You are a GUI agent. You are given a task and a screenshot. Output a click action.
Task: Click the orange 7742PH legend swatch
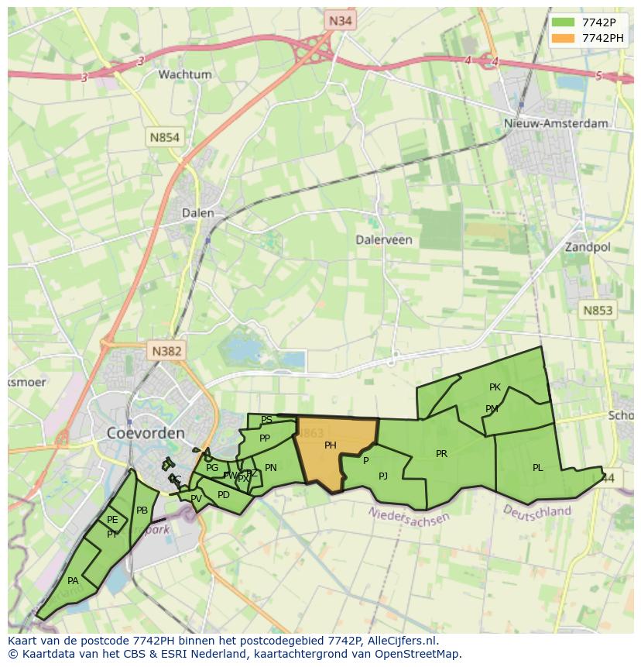(x=563, y=38)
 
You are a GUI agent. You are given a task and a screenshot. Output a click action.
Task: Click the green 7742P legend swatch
(x=563, y=22)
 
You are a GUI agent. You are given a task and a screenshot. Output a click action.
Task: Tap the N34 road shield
(x=341, y=21)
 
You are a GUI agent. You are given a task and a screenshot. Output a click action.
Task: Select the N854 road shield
(x=165, y=137)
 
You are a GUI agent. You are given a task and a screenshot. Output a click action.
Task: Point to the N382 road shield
(x=166, y=351)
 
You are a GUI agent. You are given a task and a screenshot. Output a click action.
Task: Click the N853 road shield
(x=597, y=310)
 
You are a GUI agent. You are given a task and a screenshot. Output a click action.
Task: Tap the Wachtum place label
(x=185, y=74)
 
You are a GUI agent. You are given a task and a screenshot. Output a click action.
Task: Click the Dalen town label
(x=197, y=212)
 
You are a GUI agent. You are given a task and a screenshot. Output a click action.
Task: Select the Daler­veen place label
(x=384, y=239)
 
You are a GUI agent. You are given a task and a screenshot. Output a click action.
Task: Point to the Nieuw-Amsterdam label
(x=556, y=123)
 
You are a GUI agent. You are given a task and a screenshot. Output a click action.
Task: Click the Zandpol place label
(x=588, y=247)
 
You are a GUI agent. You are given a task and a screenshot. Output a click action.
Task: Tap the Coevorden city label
(x=146, y=432)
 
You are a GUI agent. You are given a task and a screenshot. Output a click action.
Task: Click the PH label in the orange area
(x=331, y=445)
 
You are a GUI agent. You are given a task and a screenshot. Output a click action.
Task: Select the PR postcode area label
(x=441, y=453)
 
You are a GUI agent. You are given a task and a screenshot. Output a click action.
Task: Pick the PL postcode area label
(x=538, y=467)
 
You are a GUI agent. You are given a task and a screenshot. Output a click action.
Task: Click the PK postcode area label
(x=495, y=387)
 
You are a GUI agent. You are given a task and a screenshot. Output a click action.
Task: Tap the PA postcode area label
(x=73, y=580)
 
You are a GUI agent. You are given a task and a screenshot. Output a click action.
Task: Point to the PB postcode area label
(x=142, y=510)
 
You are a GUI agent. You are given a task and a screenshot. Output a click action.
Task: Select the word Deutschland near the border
(x=537, y=511)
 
